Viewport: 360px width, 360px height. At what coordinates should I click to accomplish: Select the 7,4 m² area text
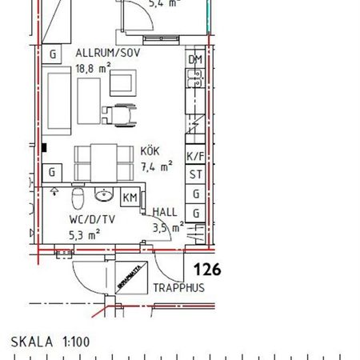tap(156, 167)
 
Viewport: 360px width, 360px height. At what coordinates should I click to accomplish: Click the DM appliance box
tap(194, 60)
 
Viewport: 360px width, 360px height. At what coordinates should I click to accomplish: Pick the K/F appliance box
tap(194, 157)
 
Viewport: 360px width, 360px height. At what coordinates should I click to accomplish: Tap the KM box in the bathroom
tap(130, 198)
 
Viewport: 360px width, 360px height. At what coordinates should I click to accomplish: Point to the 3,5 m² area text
tap(168, 227)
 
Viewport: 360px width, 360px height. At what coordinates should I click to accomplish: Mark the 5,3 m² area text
tap(83, 234)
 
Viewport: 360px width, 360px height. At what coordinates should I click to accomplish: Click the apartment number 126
tap(205, 270)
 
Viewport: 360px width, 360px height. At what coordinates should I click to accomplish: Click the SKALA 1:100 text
tap(51, 342)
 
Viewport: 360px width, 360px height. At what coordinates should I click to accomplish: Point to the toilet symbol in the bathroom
tap(78, 197)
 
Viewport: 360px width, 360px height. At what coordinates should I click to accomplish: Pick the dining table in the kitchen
tap(100, 162)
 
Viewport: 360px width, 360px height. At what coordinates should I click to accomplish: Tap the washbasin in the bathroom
tap(105, 195)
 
